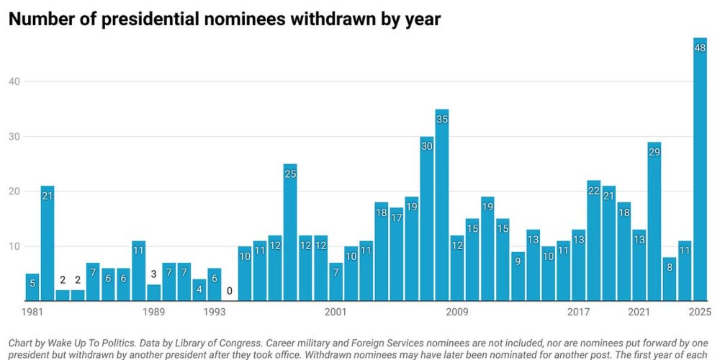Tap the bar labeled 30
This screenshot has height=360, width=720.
427,219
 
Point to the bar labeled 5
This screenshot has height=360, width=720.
32,287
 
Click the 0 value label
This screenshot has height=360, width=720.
230,292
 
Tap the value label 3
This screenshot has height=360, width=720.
153,274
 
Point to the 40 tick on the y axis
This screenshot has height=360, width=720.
14,81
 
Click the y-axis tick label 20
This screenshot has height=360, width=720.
14,192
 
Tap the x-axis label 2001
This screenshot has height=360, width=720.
336,312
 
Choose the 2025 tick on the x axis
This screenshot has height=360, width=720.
699,312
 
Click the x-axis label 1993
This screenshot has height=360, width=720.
214,312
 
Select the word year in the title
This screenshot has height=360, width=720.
421,20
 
